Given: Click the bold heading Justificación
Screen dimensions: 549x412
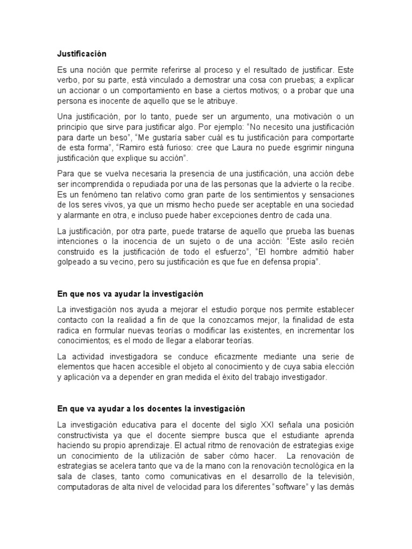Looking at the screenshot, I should coord(82,54).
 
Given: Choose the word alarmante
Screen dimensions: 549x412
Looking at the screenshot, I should coord(79,215).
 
